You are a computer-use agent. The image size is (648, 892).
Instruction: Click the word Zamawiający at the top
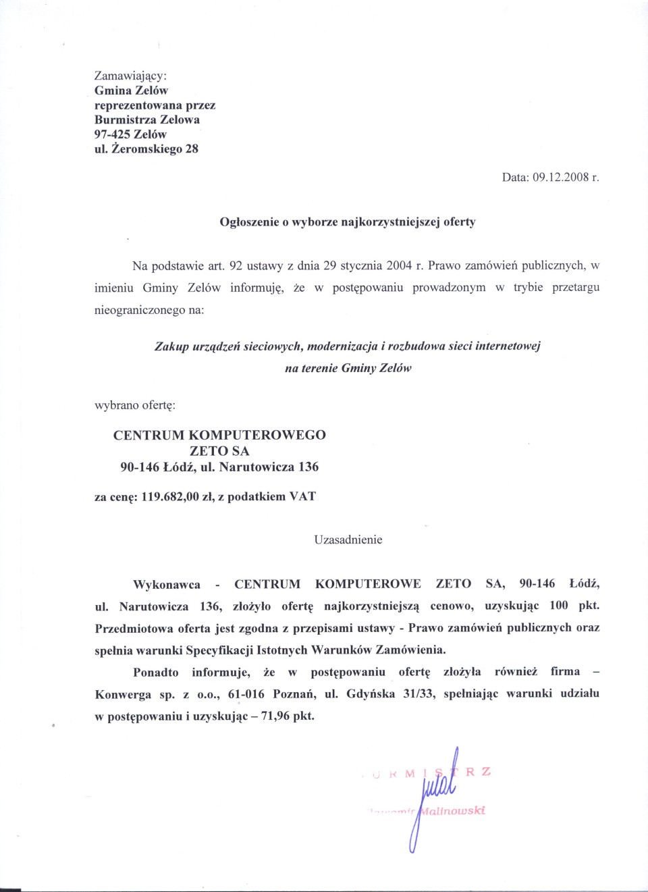(130, 76)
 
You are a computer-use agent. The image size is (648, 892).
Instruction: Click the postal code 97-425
(112, 134)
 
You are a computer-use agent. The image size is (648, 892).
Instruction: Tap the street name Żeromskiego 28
(155, 149)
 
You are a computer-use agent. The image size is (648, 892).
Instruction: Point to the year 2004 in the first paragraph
(399, 265)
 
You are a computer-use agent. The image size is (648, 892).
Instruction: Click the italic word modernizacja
(342, 346)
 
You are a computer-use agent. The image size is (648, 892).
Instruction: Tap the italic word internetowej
(508, 346)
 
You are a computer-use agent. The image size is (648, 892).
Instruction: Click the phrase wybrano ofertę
(135, 405)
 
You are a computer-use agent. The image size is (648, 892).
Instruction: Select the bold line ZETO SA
(219, 451)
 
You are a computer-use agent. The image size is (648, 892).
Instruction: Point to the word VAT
(302, 497)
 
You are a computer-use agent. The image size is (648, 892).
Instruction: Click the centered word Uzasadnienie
(348, 540)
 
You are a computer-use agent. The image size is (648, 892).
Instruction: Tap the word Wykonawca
(167, 585)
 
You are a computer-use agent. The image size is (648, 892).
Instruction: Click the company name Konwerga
(123, 694)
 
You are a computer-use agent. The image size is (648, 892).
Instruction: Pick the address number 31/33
(419, 694)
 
